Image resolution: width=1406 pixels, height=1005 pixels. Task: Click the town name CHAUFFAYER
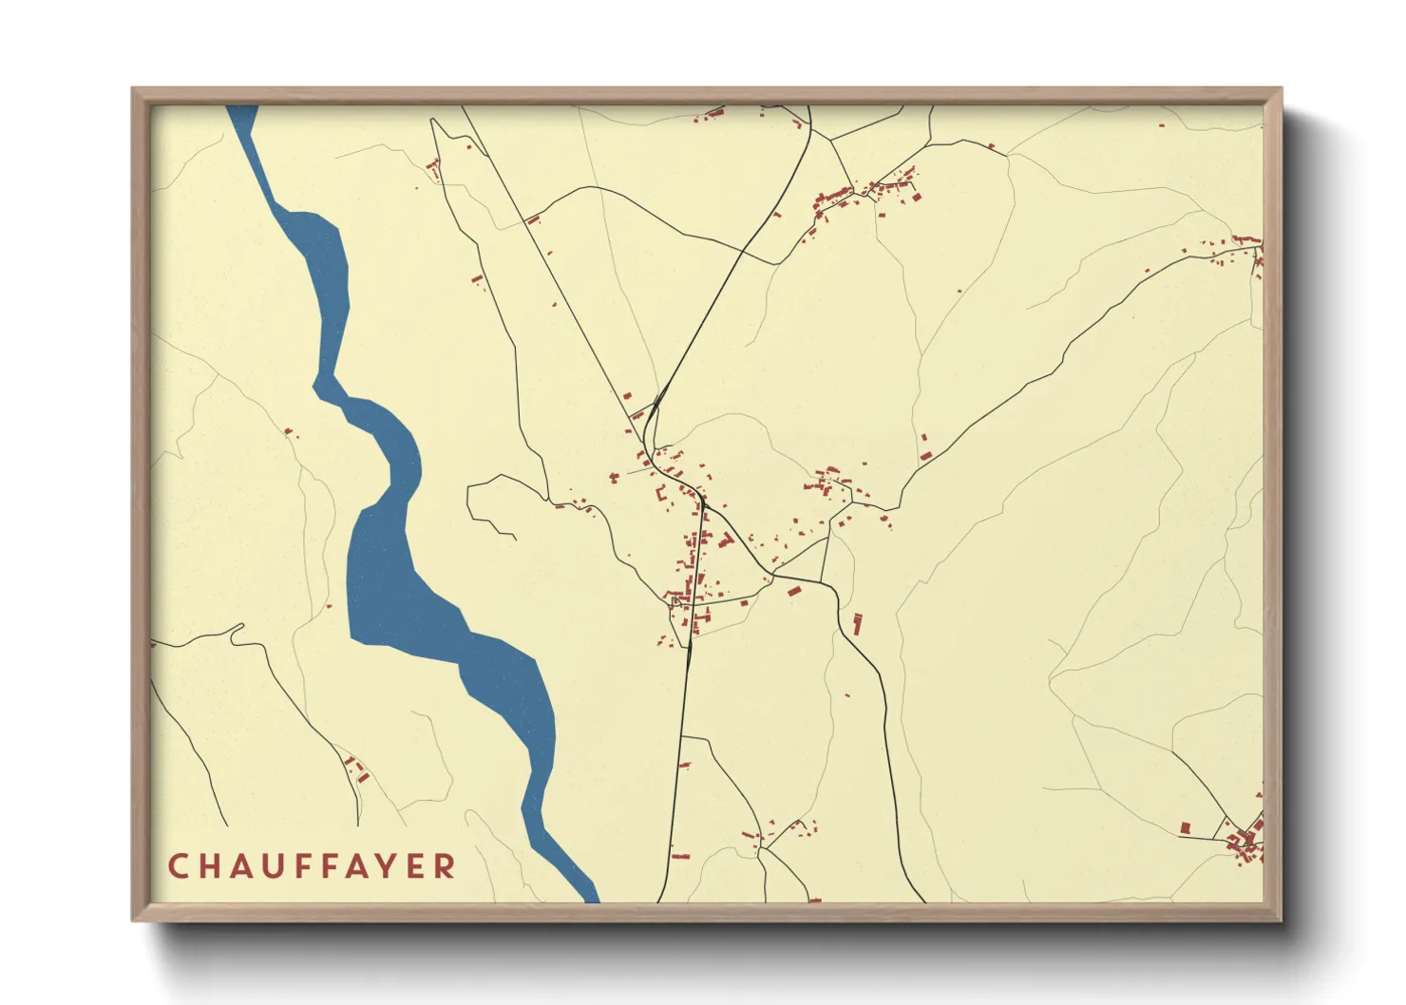tap(312, 866)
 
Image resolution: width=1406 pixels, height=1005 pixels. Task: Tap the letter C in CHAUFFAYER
tap(178, 866)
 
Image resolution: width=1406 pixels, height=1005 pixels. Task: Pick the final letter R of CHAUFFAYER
tap(445, 866)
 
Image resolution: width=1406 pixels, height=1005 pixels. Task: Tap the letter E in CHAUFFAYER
tap(416, 866)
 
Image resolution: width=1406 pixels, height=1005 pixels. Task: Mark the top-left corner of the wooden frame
tap(133, 89)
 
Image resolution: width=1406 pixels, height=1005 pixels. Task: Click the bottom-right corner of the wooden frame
tap(1281, 920)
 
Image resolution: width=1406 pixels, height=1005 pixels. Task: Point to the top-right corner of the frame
tap(1281, 89)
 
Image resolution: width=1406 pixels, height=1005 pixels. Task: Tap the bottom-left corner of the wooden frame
tap(133, 920)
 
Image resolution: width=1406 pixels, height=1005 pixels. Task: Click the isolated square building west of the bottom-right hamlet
tap(1186, 828)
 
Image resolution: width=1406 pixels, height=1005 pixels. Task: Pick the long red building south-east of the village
tap(857, 624)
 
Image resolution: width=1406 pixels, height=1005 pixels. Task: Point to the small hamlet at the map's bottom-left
tap(356, 769)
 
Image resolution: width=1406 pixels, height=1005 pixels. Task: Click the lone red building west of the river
tap(289, 432)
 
